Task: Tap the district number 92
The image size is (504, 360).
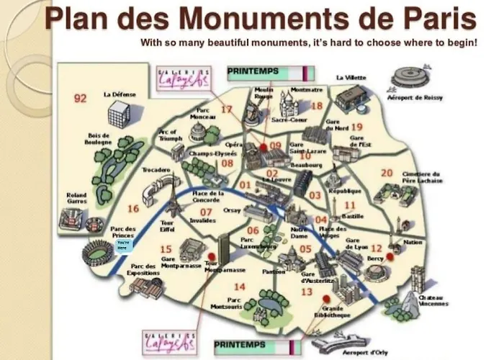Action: (80, 99)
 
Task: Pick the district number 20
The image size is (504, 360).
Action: (387, 173)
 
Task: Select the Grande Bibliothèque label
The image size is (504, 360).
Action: (331, 312)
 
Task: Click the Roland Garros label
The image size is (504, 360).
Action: (76, 198)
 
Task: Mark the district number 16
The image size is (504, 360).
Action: (132, 209)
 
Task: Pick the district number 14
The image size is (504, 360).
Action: (239, 287)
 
